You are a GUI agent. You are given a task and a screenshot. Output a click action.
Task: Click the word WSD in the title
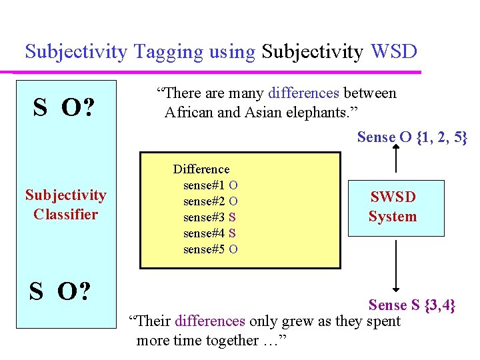pos(394,51)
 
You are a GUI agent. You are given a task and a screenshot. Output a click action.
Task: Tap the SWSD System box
pos(395,207)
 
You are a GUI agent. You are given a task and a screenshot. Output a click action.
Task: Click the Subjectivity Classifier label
pos(66,205)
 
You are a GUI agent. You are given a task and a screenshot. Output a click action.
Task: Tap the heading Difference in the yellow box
pos(201,170)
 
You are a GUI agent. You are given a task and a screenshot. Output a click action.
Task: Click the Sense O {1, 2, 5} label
pos(412,137)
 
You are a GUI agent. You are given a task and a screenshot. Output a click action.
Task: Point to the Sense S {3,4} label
pos(412,305)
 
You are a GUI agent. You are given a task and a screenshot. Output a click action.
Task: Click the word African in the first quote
pos(189,112)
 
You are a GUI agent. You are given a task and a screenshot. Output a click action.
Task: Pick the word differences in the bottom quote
pos(210,321)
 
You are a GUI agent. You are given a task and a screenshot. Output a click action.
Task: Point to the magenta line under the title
pos(220,71)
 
